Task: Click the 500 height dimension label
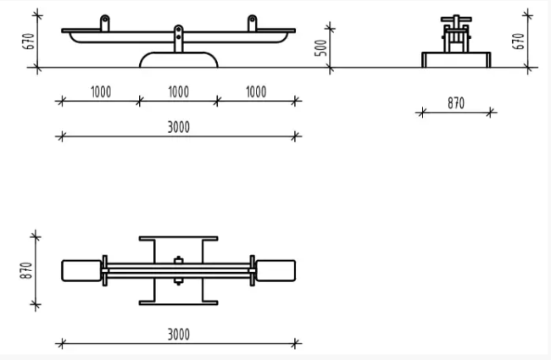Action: point(320,48)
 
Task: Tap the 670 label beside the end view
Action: point(518,42)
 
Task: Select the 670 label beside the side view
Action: point(29,42)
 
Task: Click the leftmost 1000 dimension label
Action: point(101,92)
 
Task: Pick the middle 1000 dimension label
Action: point(179,92)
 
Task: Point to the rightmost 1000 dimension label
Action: point(256,92)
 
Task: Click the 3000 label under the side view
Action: point(179,127)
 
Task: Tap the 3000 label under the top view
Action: point(179,335)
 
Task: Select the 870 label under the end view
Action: point(456,103)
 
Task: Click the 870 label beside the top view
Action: point(26,270)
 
